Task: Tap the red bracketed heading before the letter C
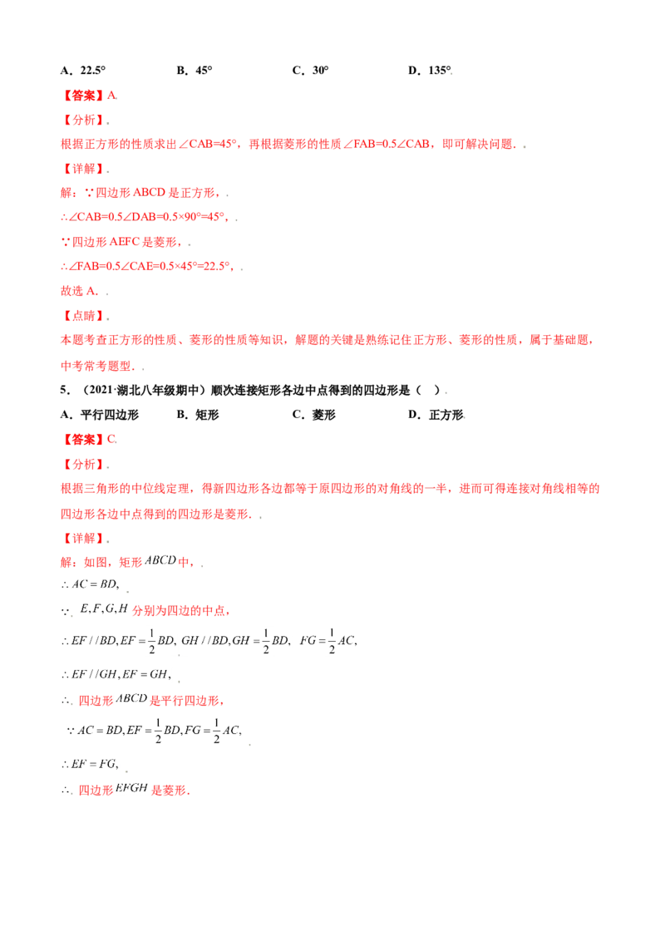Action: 85,438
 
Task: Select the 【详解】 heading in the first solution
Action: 83,170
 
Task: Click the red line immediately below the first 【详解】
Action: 141,194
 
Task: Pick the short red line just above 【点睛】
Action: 81,292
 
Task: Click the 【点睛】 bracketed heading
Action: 84,316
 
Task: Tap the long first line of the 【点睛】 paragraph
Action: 324,340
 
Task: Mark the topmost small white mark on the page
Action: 451,75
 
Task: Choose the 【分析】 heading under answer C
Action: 83,464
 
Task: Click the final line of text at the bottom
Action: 125,791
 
